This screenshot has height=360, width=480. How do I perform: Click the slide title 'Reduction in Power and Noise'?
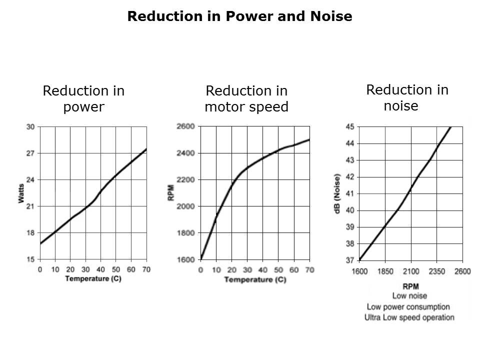coord(239,16)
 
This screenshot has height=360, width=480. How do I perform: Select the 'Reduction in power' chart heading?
coord(83,99)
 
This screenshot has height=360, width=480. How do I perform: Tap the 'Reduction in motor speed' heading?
coord(246,99)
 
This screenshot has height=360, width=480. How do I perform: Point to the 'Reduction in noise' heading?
coord(407,98)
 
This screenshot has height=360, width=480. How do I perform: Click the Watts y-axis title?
coord(21,193)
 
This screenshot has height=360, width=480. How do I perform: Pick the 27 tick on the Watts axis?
coord(30,153)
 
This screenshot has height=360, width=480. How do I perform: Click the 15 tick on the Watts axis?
coord(30,259)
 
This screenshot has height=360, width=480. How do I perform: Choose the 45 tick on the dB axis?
coord(350,126)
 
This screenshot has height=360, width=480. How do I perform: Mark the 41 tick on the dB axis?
coord(350,193)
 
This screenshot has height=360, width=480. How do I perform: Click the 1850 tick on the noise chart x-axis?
coord(385,271)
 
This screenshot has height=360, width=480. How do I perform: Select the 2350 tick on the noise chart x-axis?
coord(436,271)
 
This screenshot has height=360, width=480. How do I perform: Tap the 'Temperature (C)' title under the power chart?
coord(93,278)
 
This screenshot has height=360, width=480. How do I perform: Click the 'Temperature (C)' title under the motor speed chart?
coord(255,279)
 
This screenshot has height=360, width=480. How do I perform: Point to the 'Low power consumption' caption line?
coord(408,306)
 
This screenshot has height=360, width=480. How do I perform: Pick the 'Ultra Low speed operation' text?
coord(409,317)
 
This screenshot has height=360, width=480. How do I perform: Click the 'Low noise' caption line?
coord(409,296)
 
